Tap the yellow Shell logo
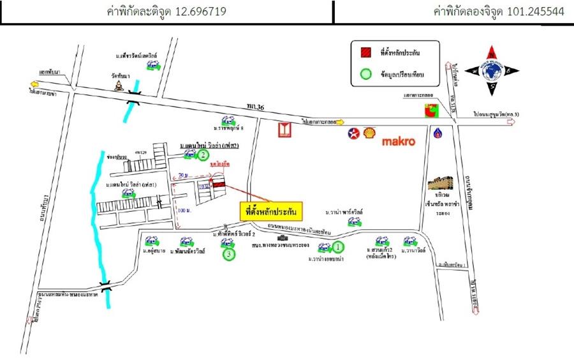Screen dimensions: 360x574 point(369,133)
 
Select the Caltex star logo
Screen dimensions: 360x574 point(352,133)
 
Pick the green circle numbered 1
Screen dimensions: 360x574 point(339,246)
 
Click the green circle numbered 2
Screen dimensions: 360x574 point(203,155)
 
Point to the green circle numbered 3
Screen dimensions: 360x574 point(230,255)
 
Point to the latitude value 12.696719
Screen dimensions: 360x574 point(198,11)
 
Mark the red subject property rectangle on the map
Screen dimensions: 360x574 point(219,184)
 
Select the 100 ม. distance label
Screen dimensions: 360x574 point(184,209)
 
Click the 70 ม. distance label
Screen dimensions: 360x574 point(184,174)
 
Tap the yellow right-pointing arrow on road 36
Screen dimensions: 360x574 point(340,121)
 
